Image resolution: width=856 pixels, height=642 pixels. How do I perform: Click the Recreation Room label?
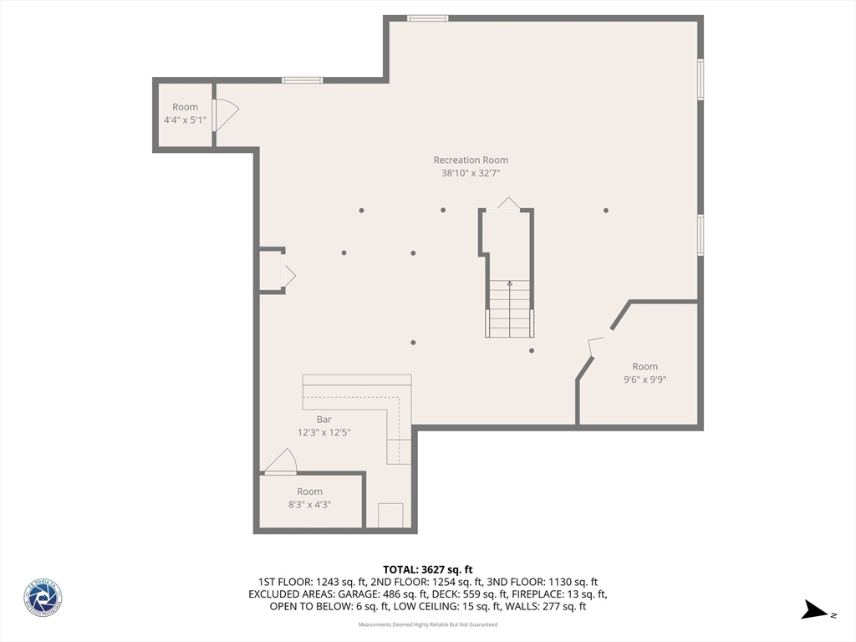point(470,160)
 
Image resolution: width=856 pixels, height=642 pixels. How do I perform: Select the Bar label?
point(324,419)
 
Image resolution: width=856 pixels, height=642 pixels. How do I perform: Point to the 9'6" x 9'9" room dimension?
point(644,379)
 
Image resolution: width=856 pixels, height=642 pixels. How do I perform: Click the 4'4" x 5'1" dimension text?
point(185,120)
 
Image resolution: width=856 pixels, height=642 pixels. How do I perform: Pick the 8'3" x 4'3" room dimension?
point(309,504)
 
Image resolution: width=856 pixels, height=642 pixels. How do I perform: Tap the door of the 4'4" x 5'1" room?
point(225,115)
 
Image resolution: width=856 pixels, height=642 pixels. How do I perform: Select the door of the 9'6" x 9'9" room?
point(596,346)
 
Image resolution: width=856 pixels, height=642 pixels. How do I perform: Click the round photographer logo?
point(43,599)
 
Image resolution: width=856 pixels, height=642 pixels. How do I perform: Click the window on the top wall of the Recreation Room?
point(427,18)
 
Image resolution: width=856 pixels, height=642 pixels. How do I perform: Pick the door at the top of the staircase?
point(507,203)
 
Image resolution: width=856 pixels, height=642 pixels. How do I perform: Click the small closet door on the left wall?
point(288,275)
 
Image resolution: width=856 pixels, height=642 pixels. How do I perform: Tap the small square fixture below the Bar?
point(390,515)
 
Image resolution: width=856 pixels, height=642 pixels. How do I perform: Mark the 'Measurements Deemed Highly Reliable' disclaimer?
point(427,624)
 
